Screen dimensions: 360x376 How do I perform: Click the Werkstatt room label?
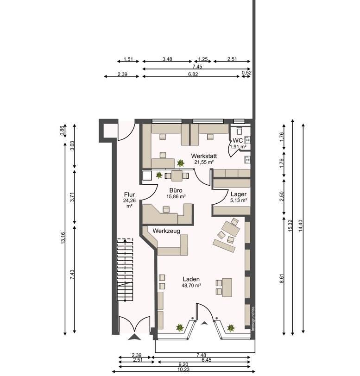pyautogui.click(x=204, y=156)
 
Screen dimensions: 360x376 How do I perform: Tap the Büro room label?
pyautogui.click(x=176, y=190)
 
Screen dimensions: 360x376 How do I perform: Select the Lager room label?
pyautogui.click(x=238, y=194)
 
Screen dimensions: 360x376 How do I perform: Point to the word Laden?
pyautogui.click(x=191, y=279)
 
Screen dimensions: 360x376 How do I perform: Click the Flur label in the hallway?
pyautogui.click(x=129, y=194)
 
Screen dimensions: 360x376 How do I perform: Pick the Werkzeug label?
pyautogui.click(x=166, y=231)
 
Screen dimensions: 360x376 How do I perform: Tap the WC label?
pyautogui.click(x=238, y=140)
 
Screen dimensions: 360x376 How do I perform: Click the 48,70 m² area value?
pyautogui.click(x=191, y=285)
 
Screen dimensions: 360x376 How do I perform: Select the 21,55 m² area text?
pyautogui.click(x=204, y=162)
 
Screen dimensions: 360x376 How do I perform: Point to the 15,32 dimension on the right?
pyautogui.click(x=291, y=226)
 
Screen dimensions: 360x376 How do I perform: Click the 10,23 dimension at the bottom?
pyautogui.click(x=183, y=370)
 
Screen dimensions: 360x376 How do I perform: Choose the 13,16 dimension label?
pyautogui.click(x=63, y=238)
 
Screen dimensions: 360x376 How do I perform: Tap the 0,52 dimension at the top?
pyautogui.click(x=246, y=73)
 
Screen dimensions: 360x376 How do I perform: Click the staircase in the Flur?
pyautogui.click(x=125, y=270)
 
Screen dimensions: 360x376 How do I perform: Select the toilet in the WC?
pyautogui.click(x=239, y=131)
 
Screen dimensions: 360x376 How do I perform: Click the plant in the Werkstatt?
pyautogui.click(x=181, y=163)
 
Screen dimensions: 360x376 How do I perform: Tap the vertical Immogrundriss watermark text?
pyautogui.click(x=253, y=319)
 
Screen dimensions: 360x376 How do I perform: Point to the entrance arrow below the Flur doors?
pyautogui.click(x=134, y=338)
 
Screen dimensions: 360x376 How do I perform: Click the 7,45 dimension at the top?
pyautogui.click(x=197, y=67)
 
